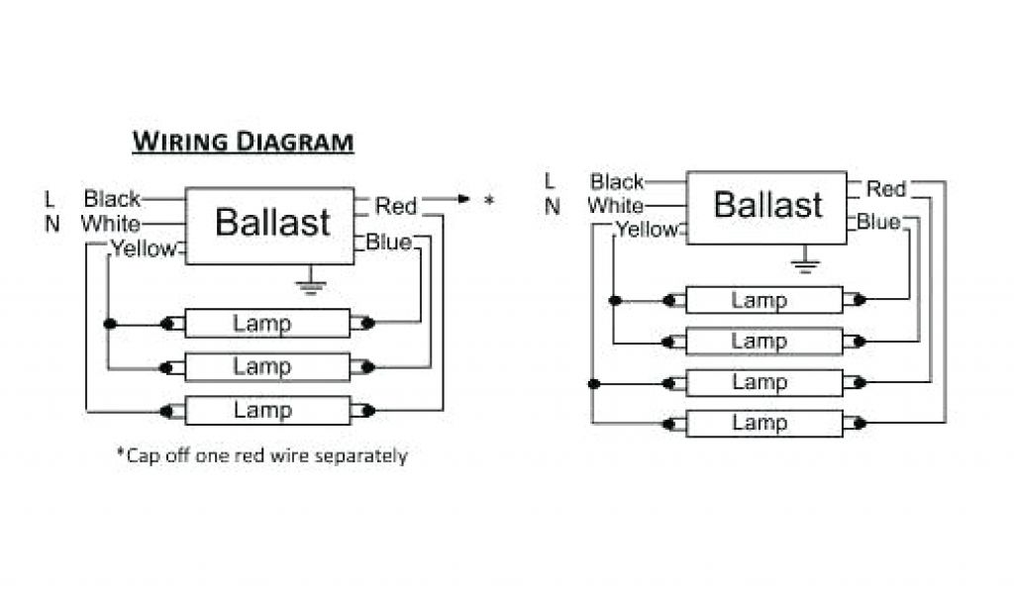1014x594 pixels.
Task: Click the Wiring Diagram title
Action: tap(243, 142)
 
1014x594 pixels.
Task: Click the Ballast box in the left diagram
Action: tap(270, 224)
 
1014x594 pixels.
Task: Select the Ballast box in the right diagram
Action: tap(767, 206)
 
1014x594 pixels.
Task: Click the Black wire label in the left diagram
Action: tap(112, 199)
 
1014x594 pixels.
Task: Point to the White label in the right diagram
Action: tap(615, 206)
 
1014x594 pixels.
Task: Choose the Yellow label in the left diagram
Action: tap(143, 248)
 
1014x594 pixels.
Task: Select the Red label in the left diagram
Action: tap(396, 206)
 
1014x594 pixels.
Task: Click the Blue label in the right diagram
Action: tap(878, 222)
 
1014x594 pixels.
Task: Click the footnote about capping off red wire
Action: tap(262, 455)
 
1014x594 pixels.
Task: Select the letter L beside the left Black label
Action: tap(50, 199)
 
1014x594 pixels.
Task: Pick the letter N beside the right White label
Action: tap(553, 207)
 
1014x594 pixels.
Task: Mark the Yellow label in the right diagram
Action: tap(647, 230)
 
